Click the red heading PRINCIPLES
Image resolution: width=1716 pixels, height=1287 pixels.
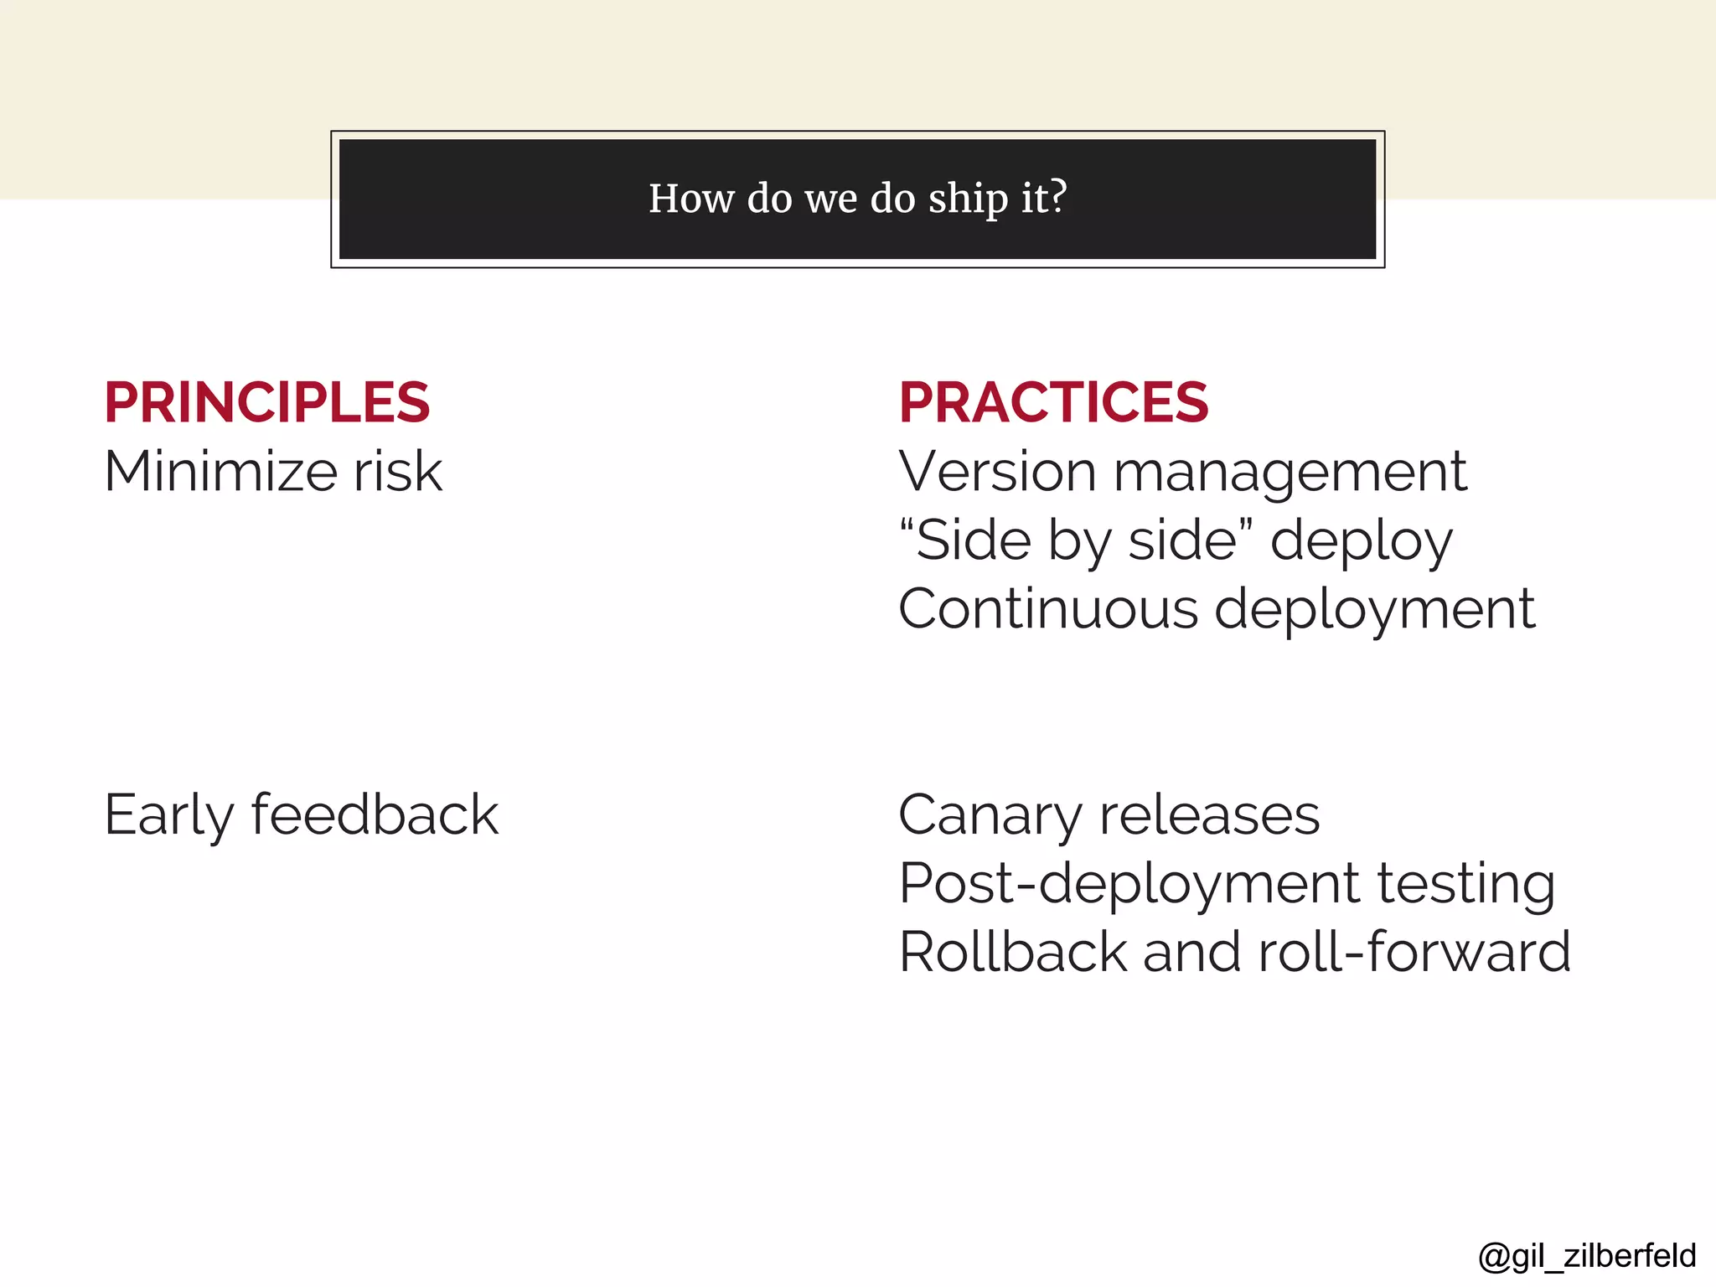[x=266, y=402]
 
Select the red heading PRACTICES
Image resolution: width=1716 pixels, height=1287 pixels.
[x=1053, y=402]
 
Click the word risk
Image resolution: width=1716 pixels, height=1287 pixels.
[x=397, y=471]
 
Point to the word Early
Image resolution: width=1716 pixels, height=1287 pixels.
[x=168, y=815]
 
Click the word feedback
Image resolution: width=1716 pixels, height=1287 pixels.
[x=375, y=815]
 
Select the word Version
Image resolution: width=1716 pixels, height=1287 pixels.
[x=997, y=471]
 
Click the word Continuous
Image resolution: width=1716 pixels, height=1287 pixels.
[x=1048, y=608]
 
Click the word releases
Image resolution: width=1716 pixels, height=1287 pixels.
[x=1209, y=815]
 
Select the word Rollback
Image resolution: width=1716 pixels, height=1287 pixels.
[x=1013, y=953]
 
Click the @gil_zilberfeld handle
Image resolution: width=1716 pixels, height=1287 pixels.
[x=1587, y=1256]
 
